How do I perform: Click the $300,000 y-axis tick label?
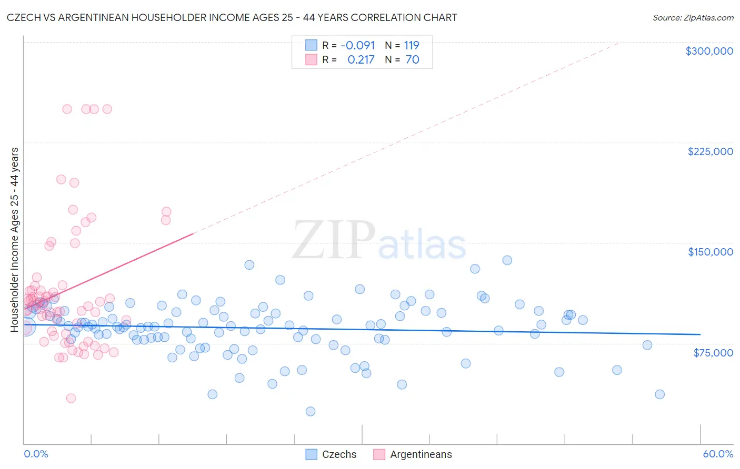click(x=709, y=51)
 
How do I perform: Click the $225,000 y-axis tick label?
click(x=710, y=151)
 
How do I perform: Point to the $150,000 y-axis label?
click(x=710, y=252)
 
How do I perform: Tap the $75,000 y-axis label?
click(x=713, y=353)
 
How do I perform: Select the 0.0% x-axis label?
click(x=36, y=454)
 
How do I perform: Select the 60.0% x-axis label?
click(x=718, y=454)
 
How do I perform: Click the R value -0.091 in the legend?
click(x=358, y=46)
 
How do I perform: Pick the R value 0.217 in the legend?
click(x=361, y=60)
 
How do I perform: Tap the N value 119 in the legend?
click(x=412, y=46)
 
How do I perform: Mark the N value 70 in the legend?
click(x=413, y=60)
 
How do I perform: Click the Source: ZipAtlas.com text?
click(x=693, y=18)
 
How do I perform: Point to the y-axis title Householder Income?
click(x=14, y=240)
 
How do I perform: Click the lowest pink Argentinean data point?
click(x=71, y=398)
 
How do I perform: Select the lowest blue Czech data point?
click(x=311, y=411)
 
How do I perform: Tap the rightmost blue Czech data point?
click(x=659, y=394)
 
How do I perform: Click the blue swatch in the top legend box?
click(x=311, y=46)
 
